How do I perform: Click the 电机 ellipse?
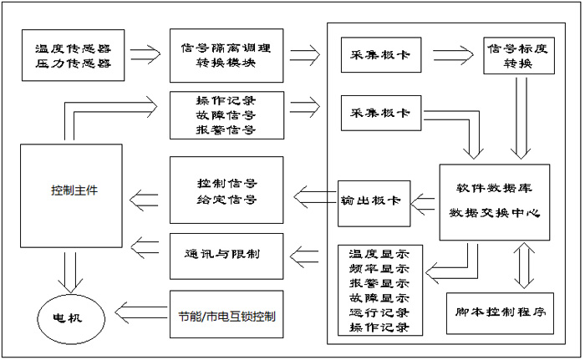pos(69,317)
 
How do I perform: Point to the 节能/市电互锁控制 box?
pos(226,317)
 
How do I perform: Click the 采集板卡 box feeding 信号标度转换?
pos(380,54)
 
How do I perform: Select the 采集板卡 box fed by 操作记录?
pos(380,114)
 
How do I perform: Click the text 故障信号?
pos(226,114)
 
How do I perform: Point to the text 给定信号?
pos(226,200)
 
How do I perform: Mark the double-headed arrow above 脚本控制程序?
pos(523,266)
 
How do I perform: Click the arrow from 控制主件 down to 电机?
pos(69,274)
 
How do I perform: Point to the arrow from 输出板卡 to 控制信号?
pos(314,199)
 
